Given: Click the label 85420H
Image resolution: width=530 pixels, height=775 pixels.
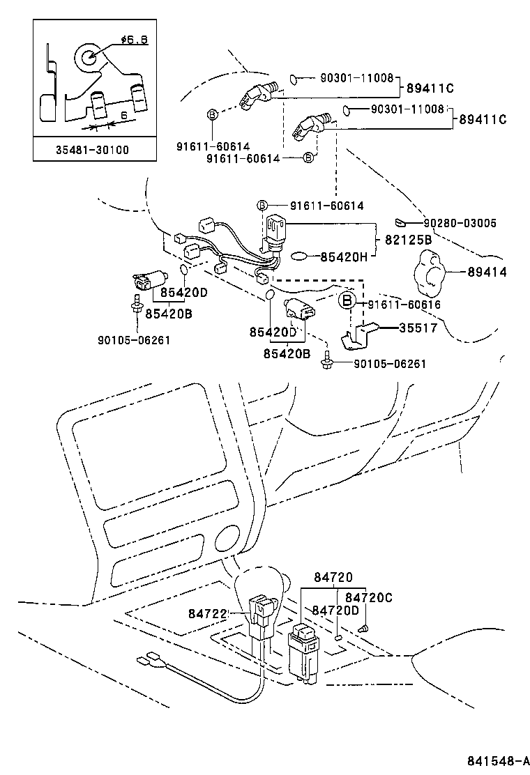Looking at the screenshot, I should (344, 256).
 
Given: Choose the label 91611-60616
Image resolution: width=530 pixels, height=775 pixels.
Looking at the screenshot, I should (404, 305).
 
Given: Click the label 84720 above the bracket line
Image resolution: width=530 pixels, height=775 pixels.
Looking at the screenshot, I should (333, 577).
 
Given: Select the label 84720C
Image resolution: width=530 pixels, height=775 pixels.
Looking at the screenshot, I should (369, 597).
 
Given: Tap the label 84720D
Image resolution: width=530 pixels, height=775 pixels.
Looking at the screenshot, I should (335, 611).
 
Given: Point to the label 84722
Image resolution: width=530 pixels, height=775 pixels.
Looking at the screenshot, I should (208, 613).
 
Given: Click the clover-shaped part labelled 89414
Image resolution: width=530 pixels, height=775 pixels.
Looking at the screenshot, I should (428, 272).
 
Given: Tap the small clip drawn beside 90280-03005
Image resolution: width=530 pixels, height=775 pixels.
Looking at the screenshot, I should (400, 223).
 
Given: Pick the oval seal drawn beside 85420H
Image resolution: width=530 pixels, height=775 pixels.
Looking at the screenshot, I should (298, 256).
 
